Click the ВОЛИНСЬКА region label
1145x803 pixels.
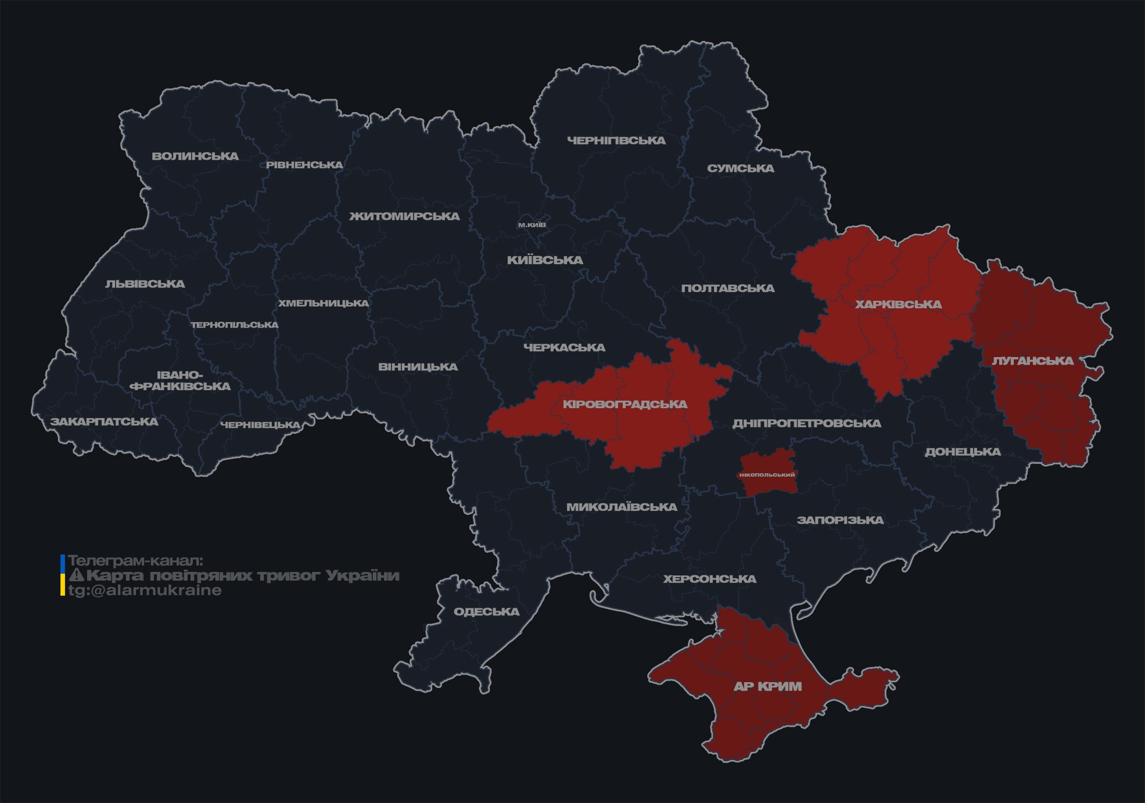(195, 156)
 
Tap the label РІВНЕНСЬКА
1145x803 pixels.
(304, 165)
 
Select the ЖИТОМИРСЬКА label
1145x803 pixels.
(404, 217)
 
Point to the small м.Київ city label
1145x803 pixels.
(532, 225)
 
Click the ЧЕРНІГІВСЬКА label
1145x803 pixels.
(616, 141)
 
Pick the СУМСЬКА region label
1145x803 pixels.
(741, 168)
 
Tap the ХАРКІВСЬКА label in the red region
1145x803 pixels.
(899, 304)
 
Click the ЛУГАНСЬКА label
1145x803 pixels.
(1033, 361)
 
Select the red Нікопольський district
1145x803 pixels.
(767, 474)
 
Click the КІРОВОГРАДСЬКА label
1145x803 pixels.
(625, 404)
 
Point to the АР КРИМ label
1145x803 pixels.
(768, 686)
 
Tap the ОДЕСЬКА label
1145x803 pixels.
(487, 611)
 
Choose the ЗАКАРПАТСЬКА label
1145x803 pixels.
(104, 422)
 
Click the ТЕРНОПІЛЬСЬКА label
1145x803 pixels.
(235, 325)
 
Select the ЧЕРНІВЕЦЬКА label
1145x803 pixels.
(260, 425)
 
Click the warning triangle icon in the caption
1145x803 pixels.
(77, 575)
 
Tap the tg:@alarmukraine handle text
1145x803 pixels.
(145, 590)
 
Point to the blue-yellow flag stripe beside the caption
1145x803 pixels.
(63, 575)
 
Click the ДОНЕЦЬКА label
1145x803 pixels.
(963, 452)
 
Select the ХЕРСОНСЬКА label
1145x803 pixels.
(710, 579)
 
